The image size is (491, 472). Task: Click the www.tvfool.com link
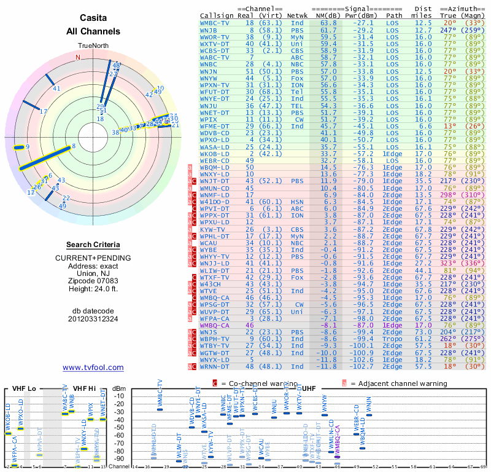point(93,368)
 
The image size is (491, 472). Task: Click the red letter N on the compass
point(78,57)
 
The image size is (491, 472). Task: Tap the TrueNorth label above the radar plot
point(93,46)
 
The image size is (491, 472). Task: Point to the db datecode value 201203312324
point(93,318)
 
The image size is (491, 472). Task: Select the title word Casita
point(93,19)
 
